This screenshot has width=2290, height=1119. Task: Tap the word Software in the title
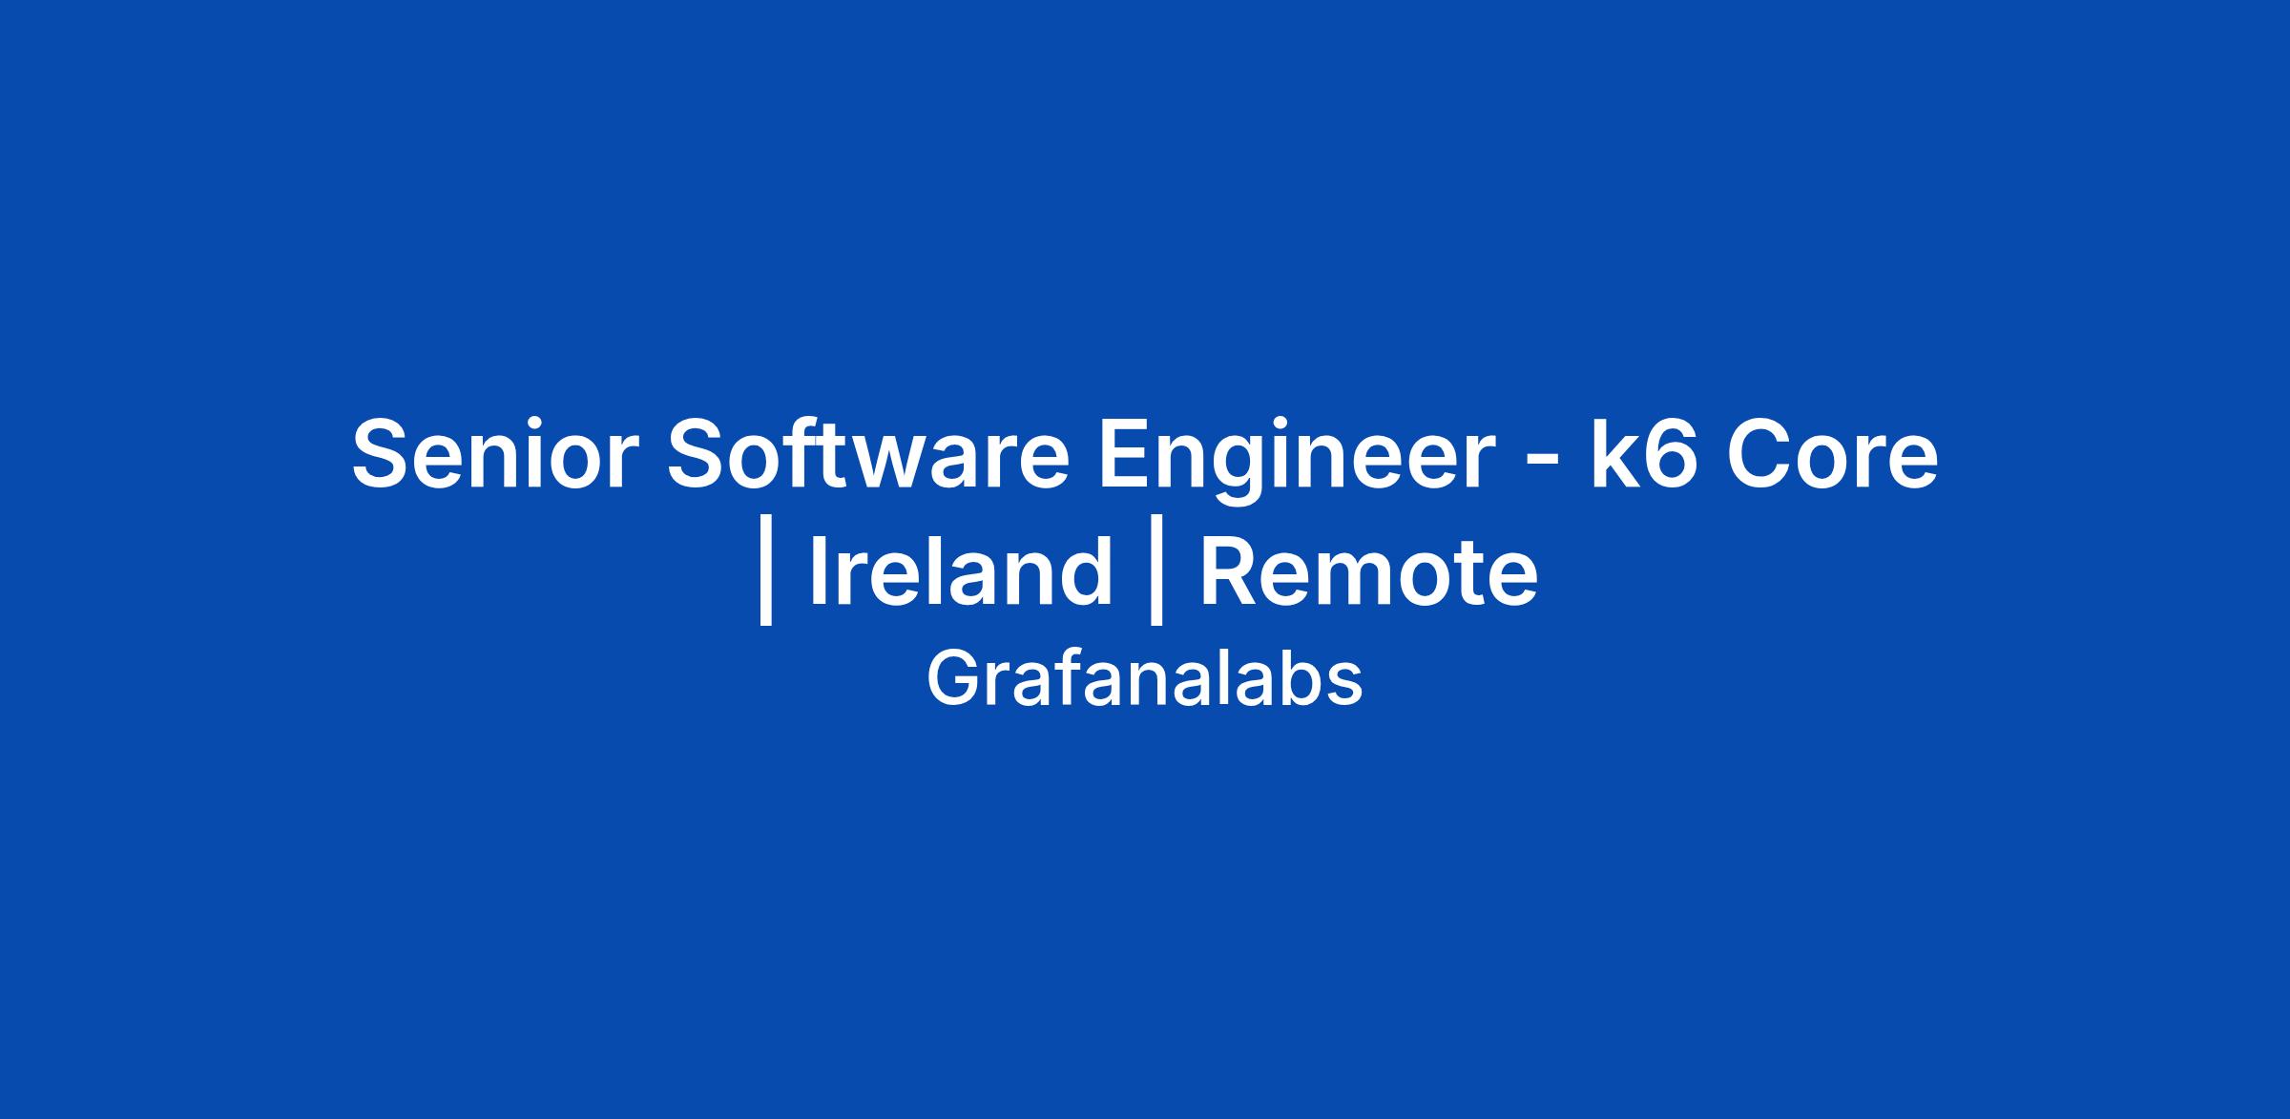click(867, 454)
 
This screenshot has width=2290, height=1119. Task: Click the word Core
click(1831, 454)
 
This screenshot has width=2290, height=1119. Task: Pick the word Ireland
click(961, 570)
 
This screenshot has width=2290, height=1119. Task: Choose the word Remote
click(1368, 570)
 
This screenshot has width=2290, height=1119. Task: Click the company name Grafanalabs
click(1144, 679)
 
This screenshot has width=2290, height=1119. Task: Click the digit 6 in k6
click(1671, 454)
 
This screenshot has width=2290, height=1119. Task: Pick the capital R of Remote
click(1232, 570)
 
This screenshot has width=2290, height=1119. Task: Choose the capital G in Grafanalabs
click(952, 679)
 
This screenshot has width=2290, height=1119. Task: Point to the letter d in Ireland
click(1085, 570)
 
